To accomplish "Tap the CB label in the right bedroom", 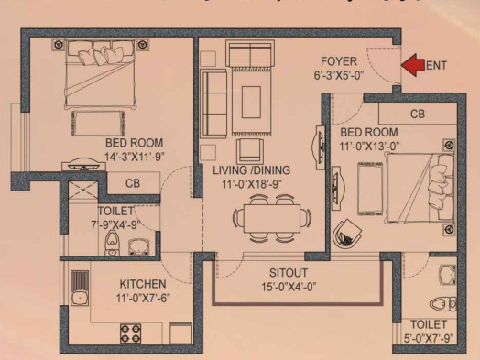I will (x=417, y=115).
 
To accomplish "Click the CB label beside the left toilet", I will (x=131, y=184).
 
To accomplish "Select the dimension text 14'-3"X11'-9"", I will (x=134, y=157).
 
